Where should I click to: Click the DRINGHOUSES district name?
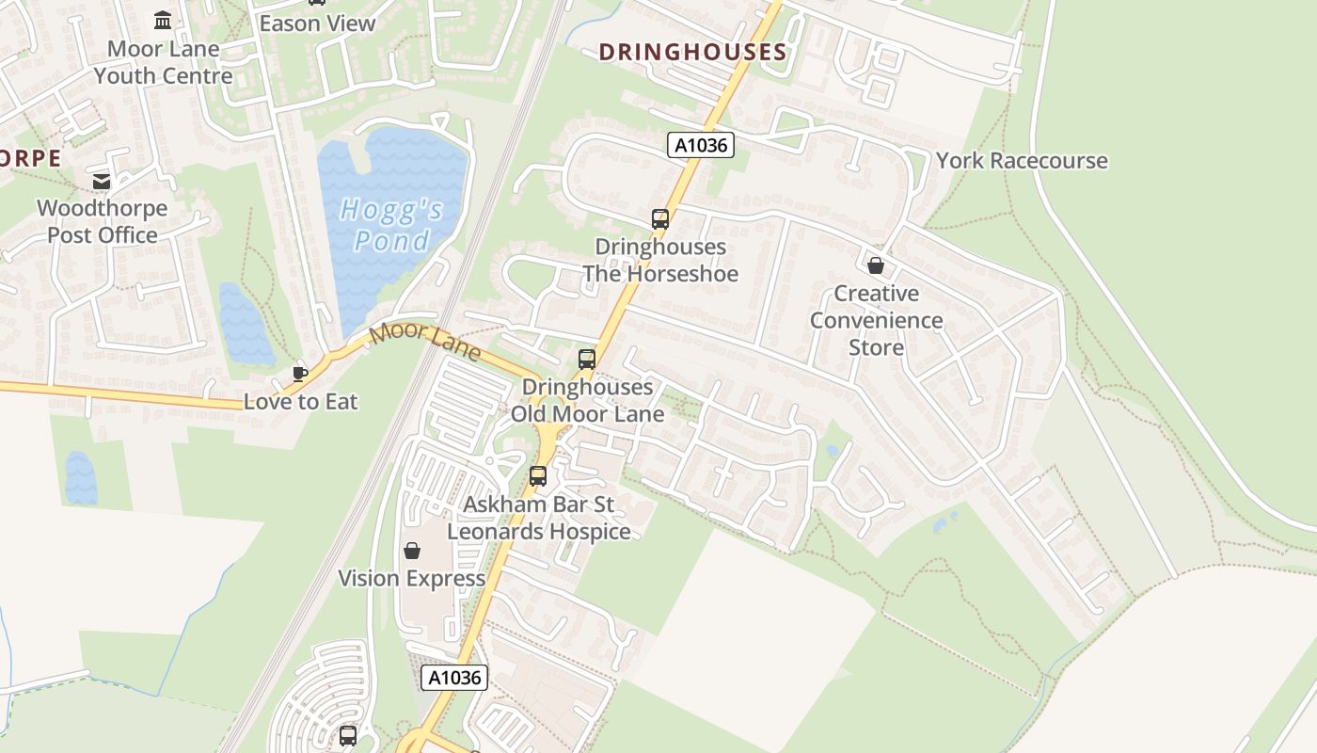[692, 52]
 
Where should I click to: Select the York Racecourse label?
[1022, 161]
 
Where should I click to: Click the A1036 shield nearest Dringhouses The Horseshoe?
[700, 145]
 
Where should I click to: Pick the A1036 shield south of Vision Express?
[453, 678]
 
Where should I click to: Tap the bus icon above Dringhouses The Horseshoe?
[660, 219]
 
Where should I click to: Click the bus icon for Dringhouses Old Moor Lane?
[587, 360]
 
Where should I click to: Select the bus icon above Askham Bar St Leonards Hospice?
[538, 476]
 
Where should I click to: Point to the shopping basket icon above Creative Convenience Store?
[876, 266]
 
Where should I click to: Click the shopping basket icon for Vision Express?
[412, 551]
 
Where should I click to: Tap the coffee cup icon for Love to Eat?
[300, 374]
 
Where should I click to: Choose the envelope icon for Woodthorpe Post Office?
[102, 181]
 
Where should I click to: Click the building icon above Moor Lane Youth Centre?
[163, 21]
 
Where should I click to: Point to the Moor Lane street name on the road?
[425, 343]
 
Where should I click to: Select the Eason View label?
[317, 24]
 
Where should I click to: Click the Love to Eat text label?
[301, 402]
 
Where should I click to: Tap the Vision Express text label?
[412, 579]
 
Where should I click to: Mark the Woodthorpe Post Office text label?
[102, 222]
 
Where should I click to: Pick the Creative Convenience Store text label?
[876, 321]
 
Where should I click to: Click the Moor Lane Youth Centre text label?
[163, 62]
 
